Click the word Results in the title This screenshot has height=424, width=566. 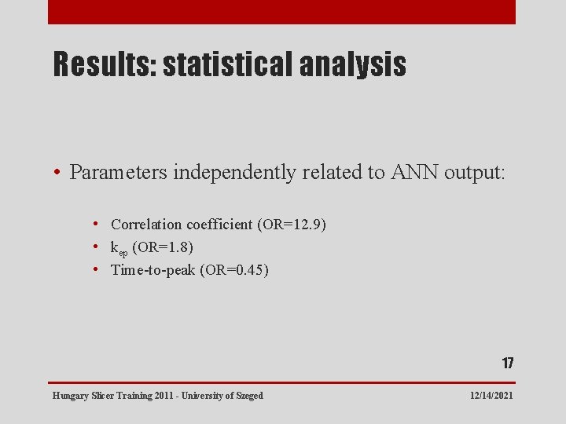point(105,65)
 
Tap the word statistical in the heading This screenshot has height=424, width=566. point(227,65)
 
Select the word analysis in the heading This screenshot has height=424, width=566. point(353,65)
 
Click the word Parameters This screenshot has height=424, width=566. point(118,173)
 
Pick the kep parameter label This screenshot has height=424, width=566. point(119,248)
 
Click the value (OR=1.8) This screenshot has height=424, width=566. point(163,247)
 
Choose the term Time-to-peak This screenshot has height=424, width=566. point(153,270)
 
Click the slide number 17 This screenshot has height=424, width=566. point(508,364)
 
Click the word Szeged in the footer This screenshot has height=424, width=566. point(250,396)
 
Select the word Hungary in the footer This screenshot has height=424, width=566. point(70,396)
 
